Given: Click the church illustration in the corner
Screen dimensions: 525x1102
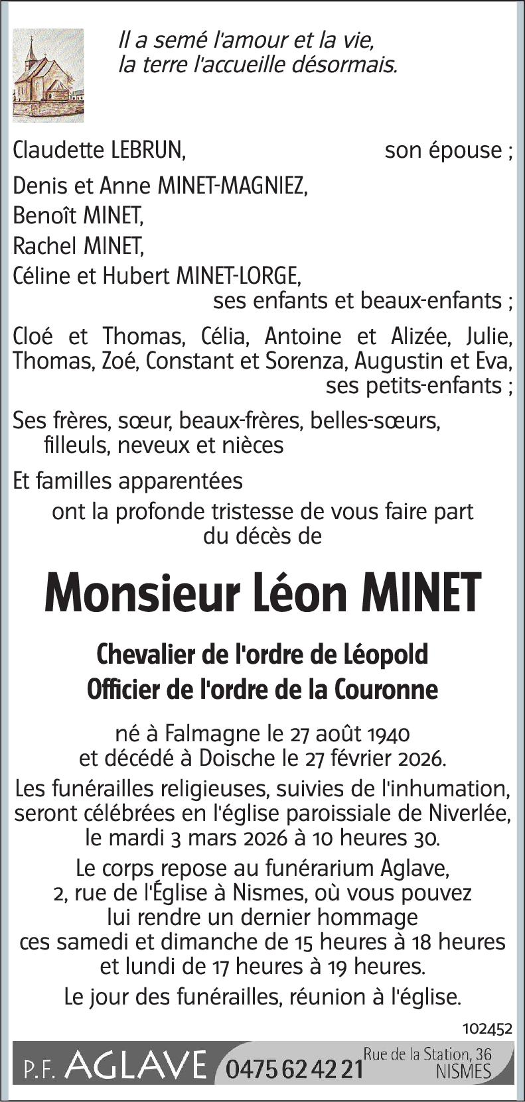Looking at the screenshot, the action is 48,75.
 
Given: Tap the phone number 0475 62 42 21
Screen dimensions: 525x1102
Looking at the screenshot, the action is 295,1069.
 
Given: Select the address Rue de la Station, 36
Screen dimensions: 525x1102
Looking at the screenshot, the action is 427,1053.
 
